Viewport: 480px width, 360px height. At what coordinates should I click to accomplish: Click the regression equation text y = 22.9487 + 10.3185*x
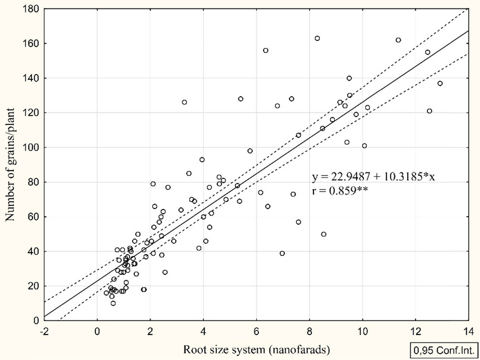[373, 177]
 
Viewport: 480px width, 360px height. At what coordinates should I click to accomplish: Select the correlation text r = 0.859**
[340, 191]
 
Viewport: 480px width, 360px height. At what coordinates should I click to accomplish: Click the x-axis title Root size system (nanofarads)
[256, 349]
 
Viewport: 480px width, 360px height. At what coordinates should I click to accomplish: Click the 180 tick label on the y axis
[31, 9]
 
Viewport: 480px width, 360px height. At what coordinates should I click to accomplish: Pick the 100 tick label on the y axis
[31, 148]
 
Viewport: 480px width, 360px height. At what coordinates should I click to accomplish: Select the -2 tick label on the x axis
[44, 332]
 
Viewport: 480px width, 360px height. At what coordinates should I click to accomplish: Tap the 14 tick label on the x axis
[468, 332]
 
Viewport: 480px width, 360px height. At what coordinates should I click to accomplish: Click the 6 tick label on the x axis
[256, 332]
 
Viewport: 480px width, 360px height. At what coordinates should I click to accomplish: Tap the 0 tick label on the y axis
[36, 321]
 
